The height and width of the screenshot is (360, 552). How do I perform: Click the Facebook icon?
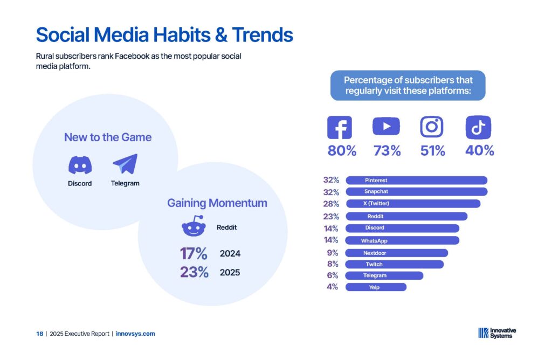[340, 127]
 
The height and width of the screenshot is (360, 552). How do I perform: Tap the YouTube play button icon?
[386, 126]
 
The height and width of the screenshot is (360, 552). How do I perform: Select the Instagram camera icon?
[432, 127]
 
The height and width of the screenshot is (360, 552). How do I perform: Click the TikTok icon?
[478, 127]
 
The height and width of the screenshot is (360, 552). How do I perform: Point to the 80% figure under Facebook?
[342, 150]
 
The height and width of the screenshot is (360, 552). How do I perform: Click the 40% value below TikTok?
[479, 150]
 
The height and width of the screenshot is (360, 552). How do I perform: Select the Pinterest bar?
[417, 180]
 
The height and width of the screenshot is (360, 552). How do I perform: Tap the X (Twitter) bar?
[413, 203]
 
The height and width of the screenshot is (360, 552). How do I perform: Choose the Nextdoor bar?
[396, 253]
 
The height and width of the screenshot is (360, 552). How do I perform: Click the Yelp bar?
[376, 287]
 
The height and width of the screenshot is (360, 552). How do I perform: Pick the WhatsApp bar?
[402, 240]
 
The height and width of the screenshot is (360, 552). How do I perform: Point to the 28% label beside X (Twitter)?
[331, 204]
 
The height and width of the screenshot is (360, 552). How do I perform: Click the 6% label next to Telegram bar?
[332, 275]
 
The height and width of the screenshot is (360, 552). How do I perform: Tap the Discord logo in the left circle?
[80, 165]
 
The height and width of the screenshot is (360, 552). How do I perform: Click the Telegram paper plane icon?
[125, 164]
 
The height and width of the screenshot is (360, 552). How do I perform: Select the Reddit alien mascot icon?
[194, 226]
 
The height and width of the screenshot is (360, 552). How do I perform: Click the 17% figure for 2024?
[194, 253]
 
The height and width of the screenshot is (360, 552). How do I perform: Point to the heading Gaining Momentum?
[217, 203]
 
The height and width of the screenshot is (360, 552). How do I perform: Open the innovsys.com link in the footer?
[135, 334]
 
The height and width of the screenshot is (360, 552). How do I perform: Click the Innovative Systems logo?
[496, 333]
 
